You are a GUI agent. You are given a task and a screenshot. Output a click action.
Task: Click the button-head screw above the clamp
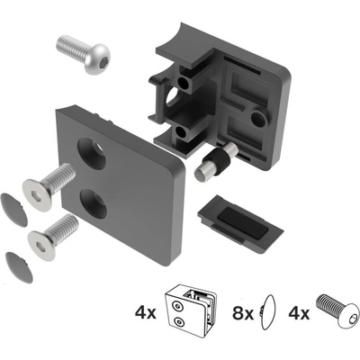(84, 54)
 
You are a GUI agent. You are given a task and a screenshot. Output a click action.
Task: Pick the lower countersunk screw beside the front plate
(53, 237)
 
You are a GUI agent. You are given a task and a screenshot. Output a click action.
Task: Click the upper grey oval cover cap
(13, 210)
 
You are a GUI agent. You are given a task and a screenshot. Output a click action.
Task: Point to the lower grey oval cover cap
(19, 267)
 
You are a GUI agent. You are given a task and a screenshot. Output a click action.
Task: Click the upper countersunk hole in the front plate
(92, 154)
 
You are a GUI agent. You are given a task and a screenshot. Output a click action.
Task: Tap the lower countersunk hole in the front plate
(94, 204)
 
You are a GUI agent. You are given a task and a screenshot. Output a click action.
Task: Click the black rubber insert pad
(240, 222)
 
